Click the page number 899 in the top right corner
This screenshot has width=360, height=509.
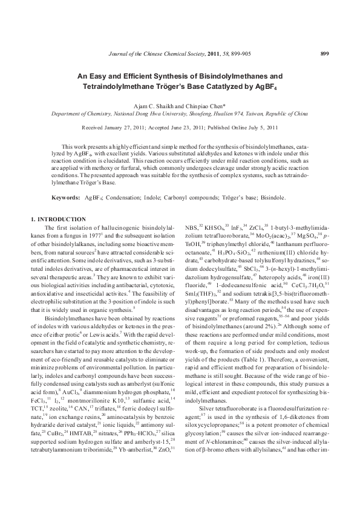pos(324,54)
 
